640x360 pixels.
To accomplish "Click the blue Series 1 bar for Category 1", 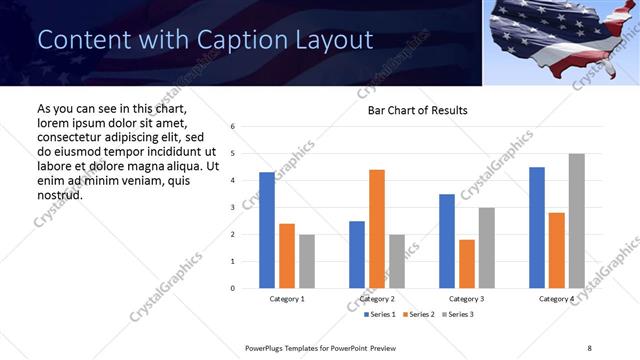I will pyautogui.click(x=267, y=230).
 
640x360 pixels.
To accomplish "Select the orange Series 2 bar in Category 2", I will pyautogui.click(x=377, y=229).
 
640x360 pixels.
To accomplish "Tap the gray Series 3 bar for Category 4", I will pyautogui.click(x=576, y=221).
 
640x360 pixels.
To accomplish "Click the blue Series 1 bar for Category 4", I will pyautogui.click(x=537, y=228).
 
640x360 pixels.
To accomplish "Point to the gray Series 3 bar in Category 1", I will pyautogui.click(x=307, y=261).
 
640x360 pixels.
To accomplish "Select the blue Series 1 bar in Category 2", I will pyautogui.click(x=357, y=254).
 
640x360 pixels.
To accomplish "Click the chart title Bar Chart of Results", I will pyautogui.click(x=411, y=110).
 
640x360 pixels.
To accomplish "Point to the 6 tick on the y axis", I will pyautogui.click(x=232, y=127).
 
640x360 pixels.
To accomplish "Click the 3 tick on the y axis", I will pyautogui.click(x=232, y=208).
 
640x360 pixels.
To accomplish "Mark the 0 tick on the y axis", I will pyautogui.click(x=232, y=289).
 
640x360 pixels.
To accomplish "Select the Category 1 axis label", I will pyautogui.click(x=287, y=299).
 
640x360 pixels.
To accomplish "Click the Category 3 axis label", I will pyautogui.click(x=467, y=299).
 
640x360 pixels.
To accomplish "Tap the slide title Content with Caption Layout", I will pyautogui.click(x=205, y=40).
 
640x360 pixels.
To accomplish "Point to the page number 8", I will pyautogui.click(x=588, y=347).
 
